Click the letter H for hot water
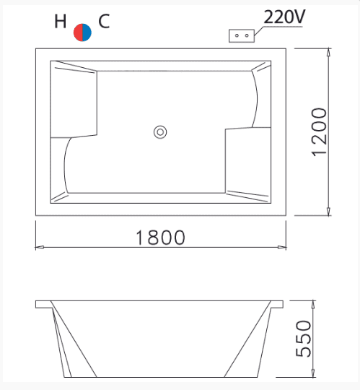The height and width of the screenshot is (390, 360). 61,21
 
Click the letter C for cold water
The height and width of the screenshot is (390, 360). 104,21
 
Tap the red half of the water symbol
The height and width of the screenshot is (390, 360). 78,32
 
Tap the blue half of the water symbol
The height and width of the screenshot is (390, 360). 87,32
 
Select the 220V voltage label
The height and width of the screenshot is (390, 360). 284,17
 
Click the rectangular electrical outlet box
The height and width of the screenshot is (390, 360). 242,36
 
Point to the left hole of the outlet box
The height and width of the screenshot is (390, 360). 237,35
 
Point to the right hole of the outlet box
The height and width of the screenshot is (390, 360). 247,35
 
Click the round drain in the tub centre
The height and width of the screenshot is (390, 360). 160,132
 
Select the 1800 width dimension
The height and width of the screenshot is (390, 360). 160,238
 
